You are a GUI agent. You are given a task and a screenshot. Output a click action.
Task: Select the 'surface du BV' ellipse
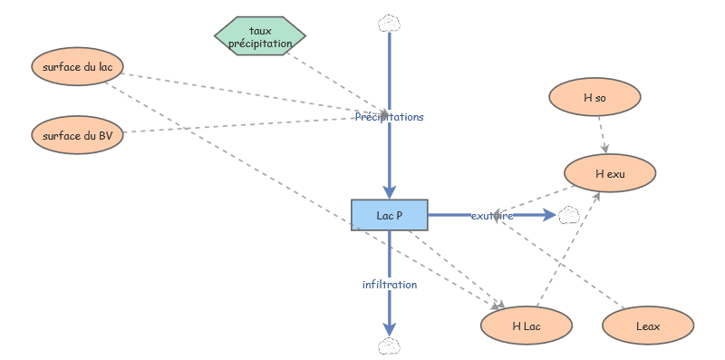click(x=77, y=135)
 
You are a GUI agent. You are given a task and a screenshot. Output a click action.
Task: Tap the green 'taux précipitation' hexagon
click(x=260, y=36)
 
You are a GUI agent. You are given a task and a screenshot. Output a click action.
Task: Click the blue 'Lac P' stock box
click(x=389, y=215)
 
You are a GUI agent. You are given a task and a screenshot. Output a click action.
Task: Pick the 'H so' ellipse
click(x=594, y=97)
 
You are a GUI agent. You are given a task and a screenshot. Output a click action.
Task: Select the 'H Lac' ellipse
click(x=527, y=325)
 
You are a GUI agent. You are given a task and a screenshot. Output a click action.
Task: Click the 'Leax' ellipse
click(x=648, y=325)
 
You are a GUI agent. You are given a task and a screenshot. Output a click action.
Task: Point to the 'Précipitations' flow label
click(x=389, y=117)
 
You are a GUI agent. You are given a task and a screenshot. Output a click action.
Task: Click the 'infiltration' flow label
click(x=390, y=284)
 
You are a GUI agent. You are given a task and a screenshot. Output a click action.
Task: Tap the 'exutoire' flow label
click(x=492, y=216)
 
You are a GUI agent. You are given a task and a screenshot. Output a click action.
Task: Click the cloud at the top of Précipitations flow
click(x=389, y=22)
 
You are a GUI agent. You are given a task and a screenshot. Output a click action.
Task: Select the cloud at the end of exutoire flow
click(x=568, y=215)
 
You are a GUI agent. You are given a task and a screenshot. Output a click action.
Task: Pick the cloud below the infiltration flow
click(x=389, y=345)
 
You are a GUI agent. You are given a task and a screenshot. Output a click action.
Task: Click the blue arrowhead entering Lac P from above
click(x=389, y=191)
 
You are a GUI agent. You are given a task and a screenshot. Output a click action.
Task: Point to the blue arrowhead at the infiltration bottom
click(x=389, y=327)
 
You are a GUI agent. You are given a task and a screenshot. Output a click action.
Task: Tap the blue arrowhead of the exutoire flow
click(x=549, y=215)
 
